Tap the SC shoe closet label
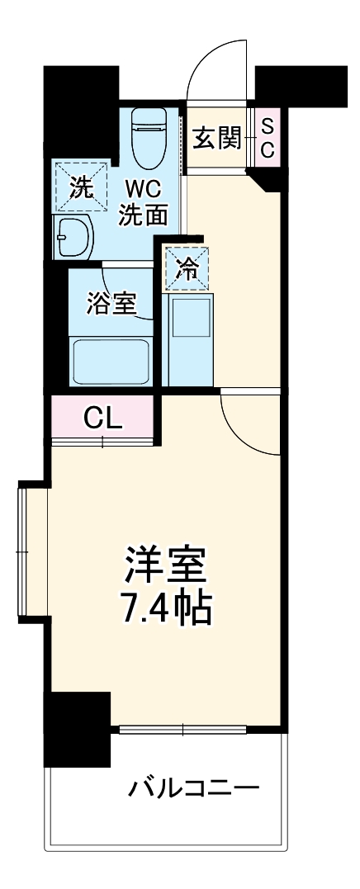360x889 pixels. pos(268,136)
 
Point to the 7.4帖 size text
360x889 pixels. pos(166,609)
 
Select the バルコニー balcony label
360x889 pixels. pos(193,788)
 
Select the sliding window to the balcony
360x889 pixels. pos(182,729)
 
